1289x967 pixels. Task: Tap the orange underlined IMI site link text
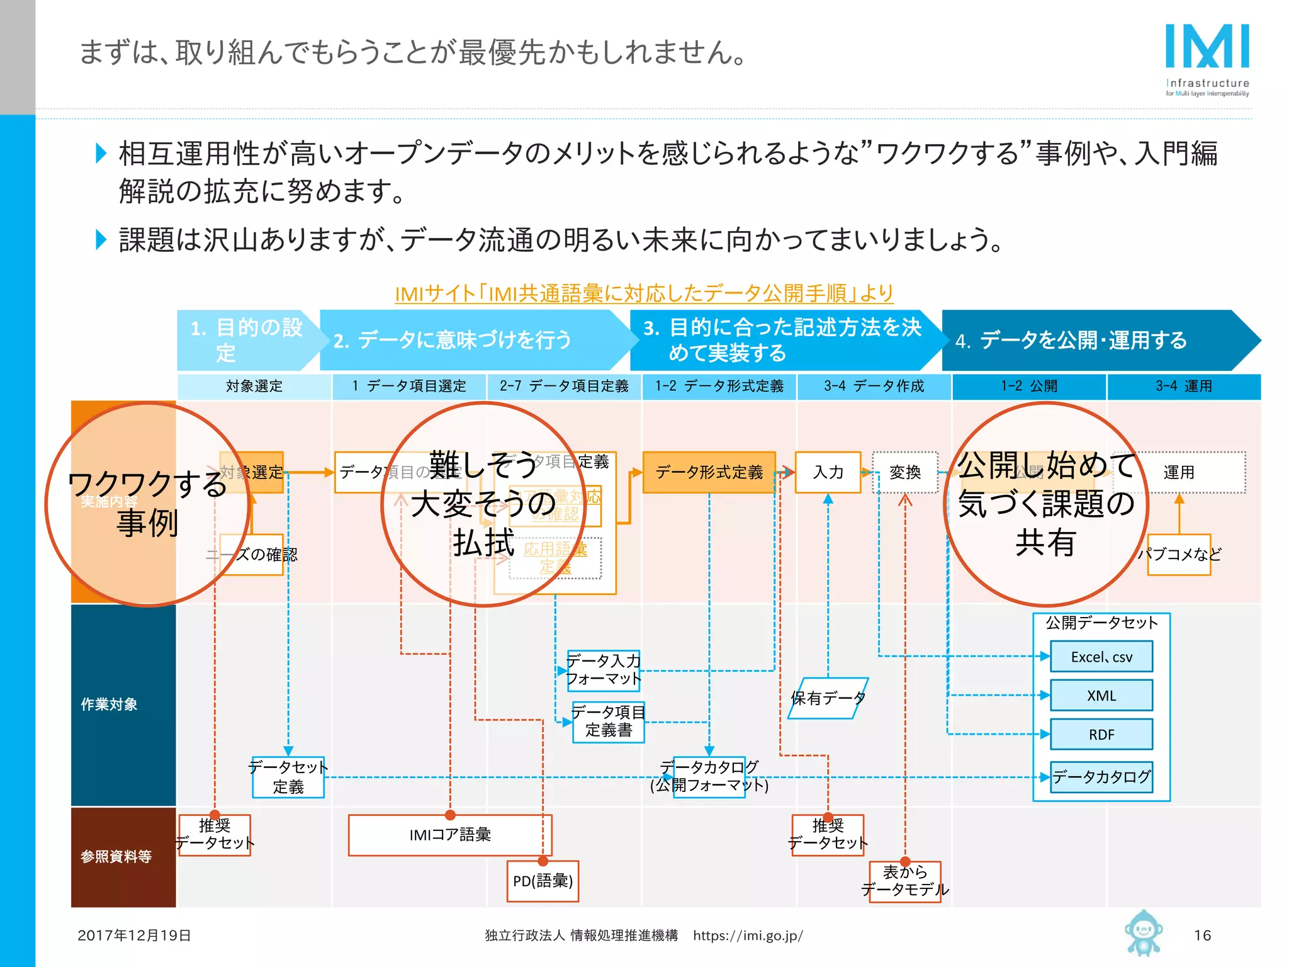[643, 293]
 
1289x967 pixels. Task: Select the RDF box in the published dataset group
[1101, 734]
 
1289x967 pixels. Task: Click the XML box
[1101, 695]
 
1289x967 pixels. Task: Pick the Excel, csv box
[1101, 657]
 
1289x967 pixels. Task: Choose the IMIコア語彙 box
[449, 835]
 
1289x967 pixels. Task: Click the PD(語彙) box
[543, 881]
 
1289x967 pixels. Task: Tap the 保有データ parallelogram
[828, 698]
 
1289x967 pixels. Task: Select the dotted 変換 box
[904, 472]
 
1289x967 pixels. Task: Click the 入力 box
[828, 472]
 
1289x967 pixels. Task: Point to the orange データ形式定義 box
[709, 472]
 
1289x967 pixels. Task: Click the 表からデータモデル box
[904, 881]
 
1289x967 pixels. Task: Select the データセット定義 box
[288, 778]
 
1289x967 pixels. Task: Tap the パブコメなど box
[1179, 554]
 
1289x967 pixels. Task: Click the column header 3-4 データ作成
[874, 386]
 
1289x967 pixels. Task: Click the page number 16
[1202, 935]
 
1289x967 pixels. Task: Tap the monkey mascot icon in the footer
[1143, 932]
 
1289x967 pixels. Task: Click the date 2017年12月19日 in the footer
[134, 935]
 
